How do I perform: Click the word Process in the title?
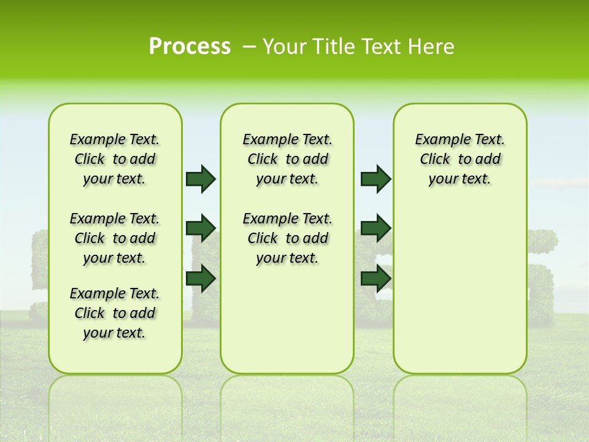pyautogui.click(x=190, y=47)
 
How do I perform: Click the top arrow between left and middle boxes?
pyautogui.click(x=201, y=179)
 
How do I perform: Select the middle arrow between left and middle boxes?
pyautogui.click(x=201, y=228)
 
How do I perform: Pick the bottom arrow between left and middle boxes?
pyautogui.click(x=201, y=278)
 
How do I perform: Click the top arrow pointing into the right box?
pyautogui.click(x=375, y=179)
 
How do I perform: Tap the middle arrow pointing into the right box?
pyautogui.click(x=375, y=228)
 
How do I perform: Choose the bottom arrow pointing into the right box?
pyautogui.click(x=375, y=278)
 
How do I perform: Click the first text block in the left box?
pyautogui.click(x=115, y=159)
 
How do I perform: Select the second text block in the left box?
pyautogui.click(x=115, y=238)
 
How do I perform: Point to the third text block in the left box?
pyautogui.click(x=115, y=313)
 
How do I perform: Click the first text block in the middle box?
pyautogui.click(x=287, y=159)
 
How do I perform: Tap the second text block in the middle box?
pyautogui.click(x=287, y=238)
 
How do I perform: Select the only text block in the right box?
pyautogui.click(x=460, y=159)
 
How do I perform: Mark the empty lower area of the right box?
pyautogui.click(x=460, y=289)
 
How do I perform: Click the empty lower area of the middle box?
pyautogui.click(x=287, y=319)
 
